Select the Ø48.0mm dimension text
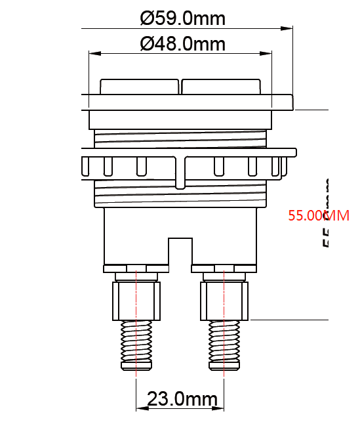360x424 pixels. (x=182, y=44)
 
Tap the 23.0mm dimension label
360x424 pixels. (x=182, y=398)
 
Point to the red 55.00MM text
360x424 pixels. (x=319, y=215)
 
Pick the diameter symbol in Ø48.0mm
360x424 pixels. (x=148, y=44)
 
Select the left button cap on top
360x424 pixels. (x=139, y=87)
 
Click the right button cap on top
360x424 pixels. (x=222, y=87)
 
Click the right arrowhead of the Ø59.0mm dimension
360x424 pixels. (x=288, y=28)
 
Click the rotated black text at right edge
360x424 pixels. (x=325, y=213)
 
